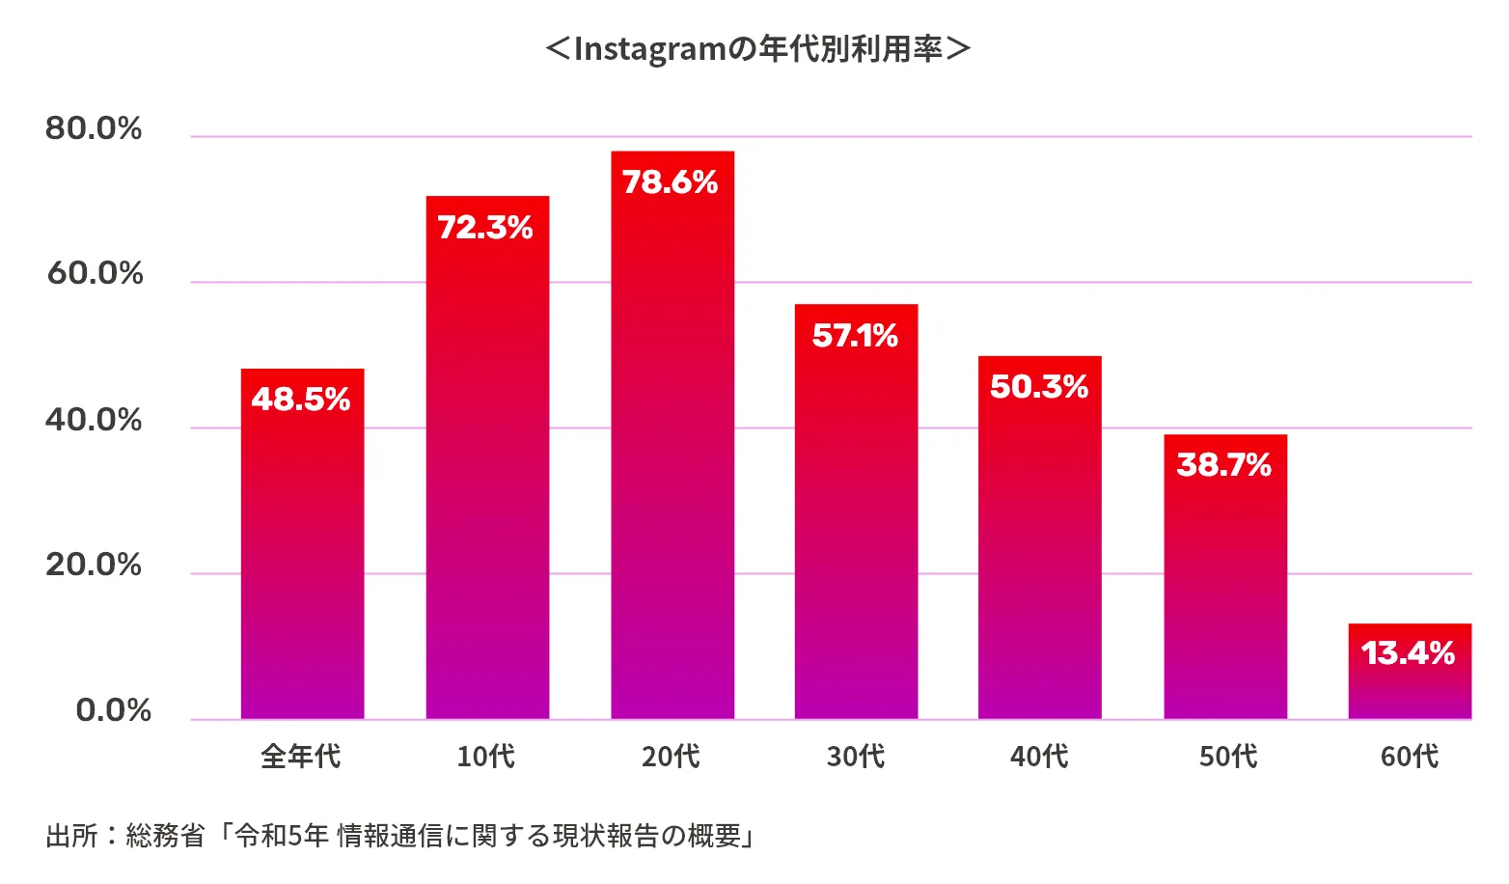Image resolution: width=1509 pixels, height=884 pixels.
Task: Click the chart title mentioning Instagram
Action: (757, 48)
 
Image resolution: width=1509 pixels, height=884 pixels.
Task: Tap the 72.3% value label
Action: (485, 228)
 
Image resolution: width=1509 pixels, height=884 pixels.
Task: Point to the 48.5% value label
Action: (301, 399)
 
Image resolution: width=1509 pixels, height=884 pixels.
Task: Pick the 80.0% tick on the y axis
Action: (94, 128)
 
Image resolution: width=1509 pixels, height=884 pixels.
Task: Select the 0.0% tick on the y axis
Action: (113, 710)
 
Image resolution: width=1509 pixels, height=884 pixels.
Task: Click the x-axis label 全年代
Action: (301, 756)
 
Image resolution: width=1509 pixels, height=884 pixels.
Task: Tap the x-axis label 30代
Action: (856, 756)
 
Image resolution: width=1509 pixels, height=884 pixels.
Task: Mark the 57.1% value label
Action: (855, 336)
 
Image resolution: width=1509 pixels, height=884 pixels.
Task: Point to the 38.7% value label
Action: (1224, 465)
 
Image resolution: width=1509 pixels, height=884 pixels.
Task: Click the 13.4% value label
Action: (1408, 653)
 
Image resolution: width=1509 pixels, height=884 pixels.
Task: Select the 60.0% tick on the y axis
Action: (95, 274)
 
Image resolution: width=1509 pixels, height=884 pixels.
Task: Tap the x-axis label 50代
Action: (1228, 756)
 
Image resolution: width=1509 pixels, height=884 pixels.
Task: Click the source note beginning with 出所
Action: (399, 835)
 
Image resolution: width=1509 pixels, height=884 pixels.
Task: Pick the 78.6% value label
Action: (671, 182)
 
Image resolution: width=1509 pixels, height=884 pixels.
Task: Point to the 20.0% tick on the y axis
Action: (94, 565)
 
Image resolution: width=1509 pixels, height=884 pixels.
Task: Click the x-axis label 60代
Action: (1410, 756)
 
